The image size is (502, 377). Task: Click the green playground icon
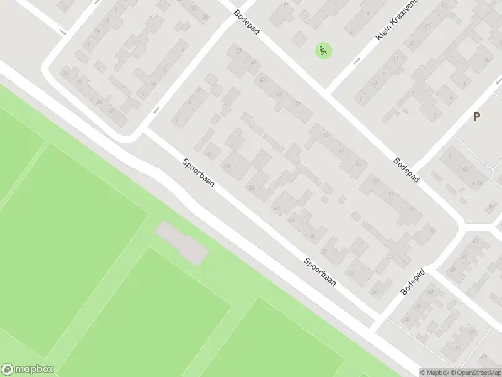(323, 50)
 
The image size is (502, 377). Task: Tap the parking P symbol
(476, 116)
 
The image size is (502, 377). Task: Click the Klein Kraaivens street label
(394, 26)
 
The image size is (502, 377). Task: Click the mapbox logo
(28, 369)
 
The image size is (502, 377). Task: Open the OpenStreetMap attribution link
(474, 373)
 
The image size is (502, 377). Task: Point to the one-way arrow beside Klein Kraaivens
(357, 61)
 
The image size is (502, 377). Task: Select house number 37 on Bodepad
(238, 51)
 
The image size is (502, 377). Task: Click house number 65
(359, 163)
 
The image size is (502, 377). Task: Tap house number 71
(390, 194)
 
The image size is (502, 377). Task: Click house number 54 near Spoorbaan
(350, 273)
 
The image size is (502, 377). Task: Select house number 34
(227, 166)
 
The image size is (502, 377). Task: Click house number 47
(279, 94)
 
